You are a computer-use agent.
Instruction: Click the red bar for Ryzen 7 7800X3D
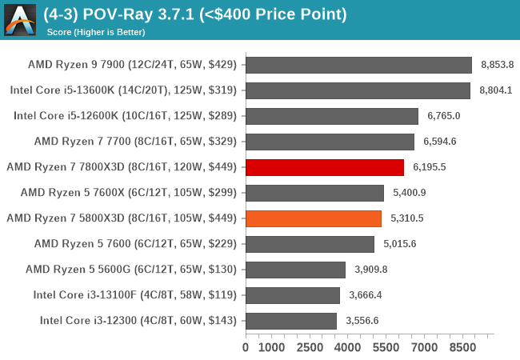(x=325, y=167)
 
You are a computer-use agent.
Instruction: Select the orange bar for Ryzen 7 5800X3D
(x=314, y=218)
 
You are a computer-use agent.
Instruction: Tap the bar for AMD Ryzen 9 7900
(x=358, y=65)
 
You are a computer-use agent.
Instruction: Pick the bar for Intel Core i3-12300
(x=291, y=321)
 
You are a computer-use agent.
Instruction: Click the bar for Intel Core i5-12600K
(x=332, y=116)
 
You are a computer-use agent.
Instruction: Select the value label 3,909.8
(x=371, y=270)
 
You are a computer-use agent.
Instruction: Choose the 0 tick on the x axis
(x=246, y=348)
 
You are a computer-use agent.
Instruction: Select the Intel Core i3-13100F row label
(x=135, y=295)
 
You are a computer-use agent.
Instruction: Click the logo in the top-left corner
(x=21, y=19)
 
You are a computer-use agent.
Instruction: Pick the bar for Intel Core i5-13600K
(x=358, y=90)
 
